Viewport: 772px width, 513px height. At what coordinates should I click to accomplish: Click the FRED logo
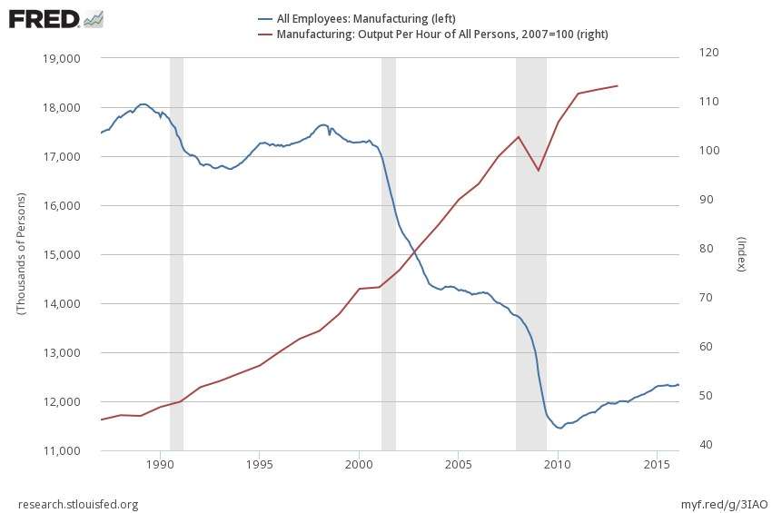[54, 17]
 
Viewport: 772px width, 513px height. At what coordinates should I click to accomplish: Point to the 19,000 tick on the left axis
[62, 58]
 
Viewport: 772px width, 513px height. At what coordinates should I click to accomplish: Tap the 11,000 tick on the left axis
[62, 450]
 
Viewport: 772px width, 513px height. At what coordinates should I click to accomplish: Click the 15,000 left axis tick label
[62, 254]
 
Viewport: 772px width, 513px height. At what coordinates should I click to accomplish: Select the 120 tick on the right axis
[704, 53]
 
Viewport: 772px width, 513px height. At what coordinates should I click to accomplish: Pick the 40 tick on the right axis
[701, 445]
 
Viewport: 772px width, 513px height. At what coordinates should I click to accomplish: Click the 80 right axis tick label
[701, 249]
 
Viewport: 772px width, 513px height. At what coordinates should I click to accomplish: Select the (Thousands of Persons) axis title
[20, 254]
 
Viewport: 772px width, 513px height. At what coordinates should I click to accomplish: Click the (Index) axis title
[741, 254]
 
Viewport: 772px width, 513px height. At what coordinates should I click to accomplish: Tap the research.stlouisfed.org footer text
[78, 504]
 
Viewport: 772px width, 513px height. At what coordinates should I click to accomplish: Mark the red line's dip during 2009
[539, 171]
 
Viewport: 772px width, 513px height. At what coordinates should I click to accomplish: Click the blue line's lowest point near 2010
[559, 428]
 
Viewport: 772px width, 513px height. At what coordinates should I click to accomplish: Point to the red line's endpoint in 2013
[618, 85]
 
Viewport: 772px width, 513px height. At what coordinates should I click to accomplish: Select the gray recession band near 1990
[176, 254]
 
